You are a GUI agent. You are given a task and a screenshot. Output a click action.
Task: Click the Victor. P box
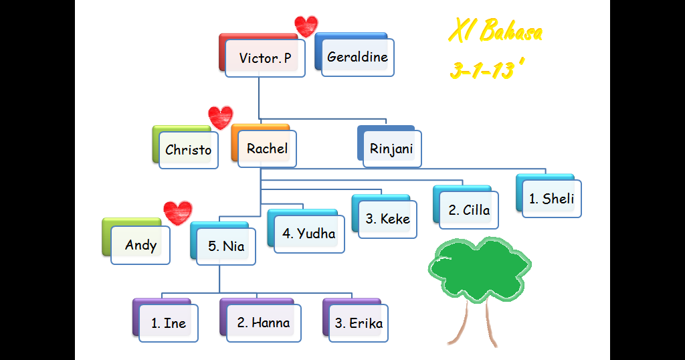tap(264, 58)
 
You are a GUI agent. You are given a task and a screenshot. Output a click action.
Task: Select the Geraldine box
tap(357, 57)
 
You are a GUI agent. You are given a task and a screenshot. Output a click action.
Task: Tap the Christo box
tap(188, 150)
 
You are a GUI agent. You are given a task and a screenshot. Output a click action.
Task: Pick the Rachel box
tap(267, 149)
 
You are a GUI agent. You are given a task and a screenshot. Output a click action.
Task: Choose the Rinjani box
tap(391, 149)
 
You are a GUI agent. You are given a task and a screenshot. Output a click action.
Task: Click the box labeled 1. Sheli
tap(551, 198)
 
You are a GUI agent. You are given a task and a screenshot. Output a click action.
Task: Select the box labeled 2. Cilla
tap(469, 209)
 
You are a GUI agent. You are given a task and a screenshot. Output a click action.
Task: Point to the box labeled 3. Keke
tap(387, 218)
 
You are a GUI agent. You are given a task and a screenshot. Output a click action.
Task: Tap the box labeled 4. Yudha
tap(308, 233)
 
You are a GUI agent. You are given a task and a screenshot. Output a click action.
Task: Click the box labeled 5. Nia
tap(225, 246)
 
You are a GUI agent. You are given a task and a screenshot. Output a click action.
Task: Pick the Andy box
tap(140, 245)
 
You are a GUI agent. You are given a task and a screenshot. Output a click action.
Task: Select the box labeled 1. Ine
tap(168, 323)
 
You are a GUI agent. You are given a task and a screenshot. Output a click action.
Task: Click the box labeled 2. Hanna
tap(263, 323)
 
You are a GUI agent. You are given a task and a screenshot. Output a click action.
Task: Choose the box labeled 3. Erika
tap(359, 323)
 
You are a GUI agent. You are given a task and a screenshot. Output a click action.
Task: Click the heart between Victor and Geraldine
tap(306, 26)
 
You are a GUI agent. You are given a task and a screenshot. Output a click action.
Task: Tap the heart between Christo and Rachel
tap(220, 116)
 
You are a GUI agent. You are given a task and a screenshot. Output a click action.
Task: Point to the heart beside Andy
tap(177, 212)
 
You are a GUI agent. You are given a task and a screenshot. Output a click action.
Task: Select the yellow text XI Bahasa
tap(495, 31)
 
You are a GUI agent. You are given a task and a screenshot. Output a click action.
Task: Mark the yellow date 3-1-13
tap(486, 70)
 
